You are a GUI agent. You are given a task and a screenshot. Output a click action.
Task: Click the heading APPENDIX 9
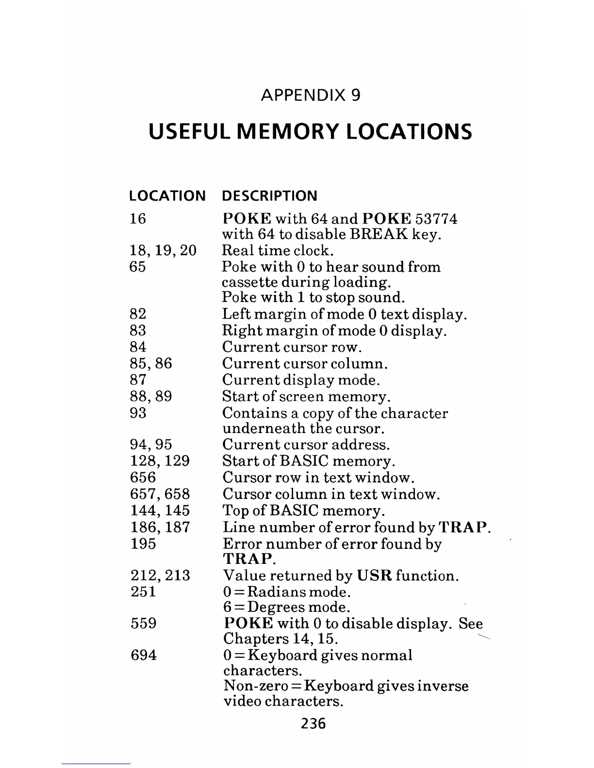click(x=311, y=95)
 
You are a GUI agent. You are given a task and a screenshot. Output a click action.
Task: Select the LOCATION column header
click(x=167, y=196)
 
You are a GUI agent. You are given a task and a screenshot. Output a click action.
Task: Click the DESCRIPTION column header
click(x=269, y=196)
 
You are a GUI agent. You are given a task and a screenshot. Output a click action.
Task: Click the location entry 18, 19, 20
click(x=163, y=251)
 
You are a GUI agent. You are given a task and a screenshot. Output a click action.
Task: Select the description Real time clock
click(x=278, y=251)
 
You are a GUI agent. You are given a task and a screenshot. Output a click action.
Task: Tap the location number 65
click(x=138, y=267)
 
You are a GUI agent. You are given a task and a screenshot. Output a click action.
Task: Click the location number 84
click(x=138, y=347)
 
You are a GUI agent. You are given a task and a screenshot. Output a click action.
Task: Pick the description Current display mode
click(x=301, y=380)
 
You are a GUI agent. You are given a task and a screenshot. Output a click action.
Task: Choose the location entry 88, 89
click(x=151, y=396)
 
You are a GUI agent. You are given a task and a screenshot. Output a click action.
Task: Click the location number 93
click(x=138, y=413)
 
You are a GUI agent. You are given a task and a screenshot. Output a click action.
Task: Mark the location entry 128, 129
click(x=160, y=461)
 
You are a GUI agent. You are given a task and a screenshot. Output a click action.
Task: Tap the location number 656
click(x=143, y=477)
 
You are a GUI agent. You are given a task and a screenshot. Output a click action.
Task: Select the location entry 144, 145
click(x=160, y=511)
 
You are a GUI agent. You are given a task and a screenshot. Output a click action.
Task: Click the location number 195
click(x=143, y=543)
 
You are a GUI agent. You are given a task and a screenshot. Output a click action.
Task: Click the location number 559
click(x=144, y=623)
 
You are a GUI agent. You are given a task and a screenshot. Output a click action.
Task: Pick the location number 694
click(x=144, y=655)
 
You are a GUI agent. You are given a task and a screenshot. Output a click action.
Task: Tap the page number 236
click(x=313, y=723)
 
